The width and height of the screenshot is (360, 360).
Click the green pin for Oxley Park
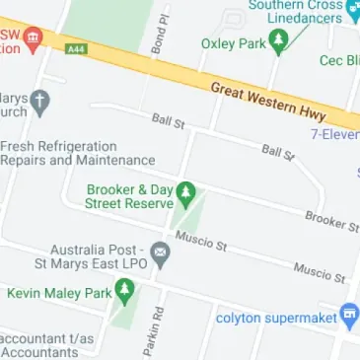(279, 41)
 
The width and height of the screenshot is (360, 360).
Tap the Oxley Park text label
(233, 43)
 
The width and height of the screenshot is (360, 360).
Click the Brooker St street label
(331, 221)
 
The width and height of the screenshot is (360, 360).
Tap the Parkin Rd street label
(153, 329)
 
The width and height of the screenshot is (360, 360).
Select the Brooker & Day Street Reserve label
(128, 196)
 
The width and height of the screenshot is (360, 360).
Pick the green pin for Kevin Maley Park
(124, 290)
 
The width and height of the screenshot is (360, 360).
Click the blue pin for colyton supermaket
(349, 317)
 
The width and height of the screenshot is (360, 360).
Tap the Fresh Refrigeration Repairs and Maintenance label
(77, 152)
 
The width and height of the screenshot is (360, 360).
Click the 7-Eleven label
(334, 132)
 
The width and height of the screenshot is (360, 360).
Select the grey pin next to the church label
(39, 101)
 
